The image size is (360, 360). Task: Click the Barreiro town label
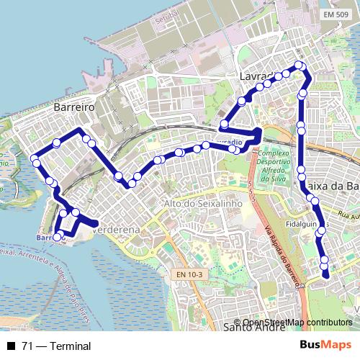[74, 106]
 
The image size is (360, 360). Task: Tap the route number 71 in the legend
[27, 346]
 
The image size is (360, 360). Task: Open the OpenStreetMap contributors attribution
[297, 323]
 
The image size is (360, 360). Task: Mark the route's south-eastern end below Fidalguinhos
[326, 274]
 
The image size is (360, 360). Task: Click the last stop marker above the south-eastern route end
[325, 260]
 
